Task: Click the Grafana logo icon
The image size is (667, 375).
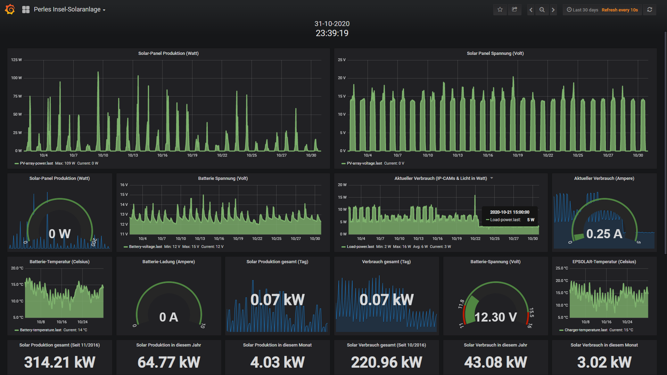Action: [x=10, y=9]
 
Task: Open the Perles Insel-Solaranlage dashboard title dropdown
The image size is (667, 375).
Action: [x=69, y=9]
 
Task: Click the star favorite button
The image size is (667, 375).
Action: [x=500, y=10]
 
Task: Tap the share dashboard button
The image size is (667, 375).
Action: [x=514, y=10]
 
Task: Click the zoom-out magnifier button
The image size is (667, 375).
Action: [x=542, y=10]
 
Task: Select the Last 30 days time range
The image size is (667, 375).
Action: [x=585, y=10]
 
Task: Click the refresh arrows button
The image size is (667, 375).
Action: [x=650, y=10]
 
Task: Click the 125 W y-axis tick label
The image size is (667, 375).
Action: [x=16, y=60]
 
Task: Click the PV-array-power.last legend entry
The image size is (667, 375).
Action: [x=36, y=163]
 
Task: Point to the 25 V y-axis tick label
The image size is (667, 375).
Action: [x=342, y=60]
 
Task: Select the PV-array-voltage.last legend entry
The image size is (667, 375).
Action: [x=364, y=163]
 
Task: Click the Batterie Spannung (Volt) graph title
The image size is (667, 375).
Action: [x=223, y=178]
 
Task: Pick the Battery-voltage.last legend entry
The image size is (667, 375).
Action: [x=145, y=247]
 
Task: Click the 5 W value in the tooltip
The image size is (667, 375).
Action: [x=530, y=220]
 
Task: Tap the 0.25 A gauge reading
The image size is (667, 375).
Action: [x=604, y=234]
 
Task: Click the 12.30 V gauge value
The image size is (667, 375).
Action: [x=496, y=317]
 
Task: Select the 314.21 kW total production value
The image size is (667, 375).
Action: [x=59, y=362]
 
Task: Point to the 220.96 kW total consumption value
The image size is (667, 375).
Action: [x=386, y=362]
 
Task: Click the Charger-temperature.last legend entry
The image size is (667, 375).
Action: [x=586, y=330]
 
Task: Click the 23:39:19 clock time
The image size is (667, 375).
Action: [x=332, y=33]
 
